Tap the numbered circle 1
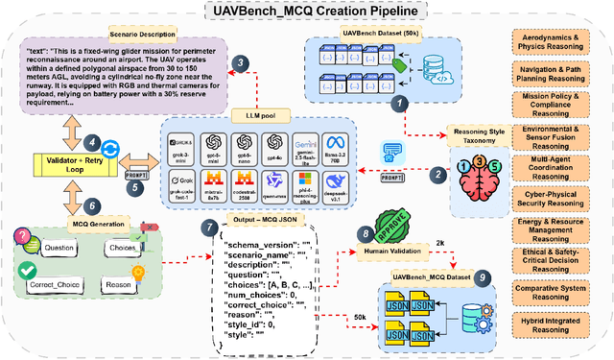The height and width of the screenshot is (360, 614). [x=405, y=100]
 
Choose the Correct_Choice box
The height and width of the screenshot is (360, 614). [x=59, y=284]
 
